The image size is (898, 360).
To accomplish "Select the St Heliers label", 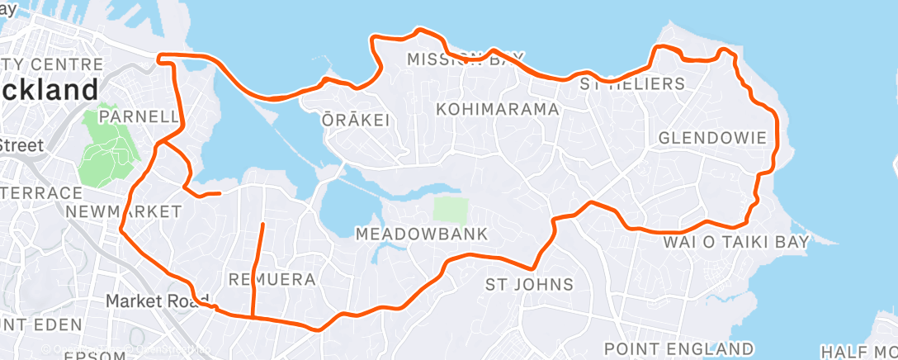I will tap(632, 83).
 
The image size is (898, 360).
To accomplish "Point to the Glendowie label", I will tap(718, 138).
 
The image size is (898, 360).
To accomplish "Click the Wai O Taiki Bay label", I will tap(736, 241).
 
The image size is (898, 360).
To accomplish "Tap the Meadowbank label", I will tap(421, 234).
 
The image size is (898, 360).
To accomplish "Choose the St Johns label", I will tap(528, 285).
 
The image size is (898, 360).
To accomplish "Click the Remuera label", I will tap(272, 279).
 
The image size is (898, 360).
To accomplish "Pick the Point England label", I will tap(678, 348).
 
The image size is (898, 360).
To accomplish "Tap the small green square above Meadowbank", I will tap(451, 209).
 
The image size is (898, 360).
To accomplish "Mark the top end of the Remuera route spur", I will tap(262, 225).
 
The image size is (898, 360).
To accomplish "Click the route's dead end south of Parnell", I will tap(220, 193).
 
